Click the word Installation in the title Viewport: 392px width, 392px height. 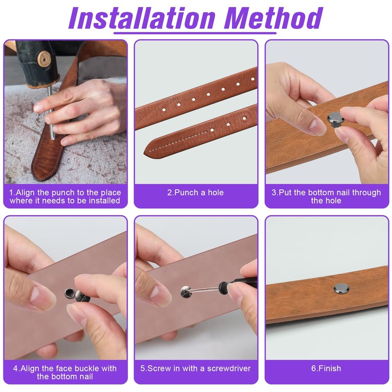(142, 18)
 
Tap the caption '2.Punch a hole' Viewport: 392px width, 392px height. (196, 193)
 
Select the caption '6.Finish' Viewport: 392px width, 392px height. (326, 368)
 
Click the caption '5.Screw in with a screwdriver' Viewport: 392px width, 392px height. (196, 368)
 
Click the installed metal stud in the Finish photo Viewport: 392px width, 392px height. (342, 289)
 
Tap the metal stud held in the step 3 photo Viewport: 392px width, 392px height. (335, 119)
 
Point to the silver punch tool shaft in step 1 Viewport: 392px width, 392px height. (51, 113)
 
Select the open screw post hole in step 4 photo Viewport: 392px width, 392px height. (69, 292)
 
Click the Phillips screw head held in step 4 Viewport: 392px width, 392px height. (82, 297)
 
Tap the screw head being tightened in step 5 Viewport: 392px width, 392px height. (186, 291)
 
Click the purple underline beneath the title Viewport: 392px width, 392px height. (195, 33)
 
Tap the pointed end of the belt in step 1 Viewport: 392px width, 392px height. (38, 176)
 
